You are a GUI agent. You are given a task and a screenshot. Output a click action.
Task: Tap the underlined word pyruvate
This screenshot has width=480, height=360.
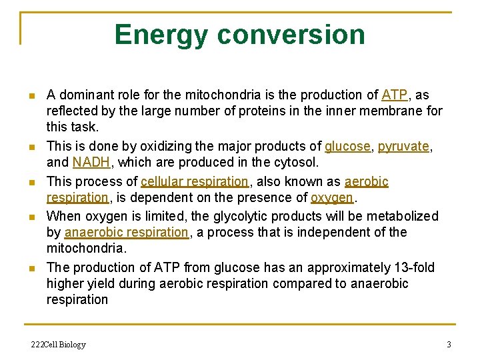coord(403,147)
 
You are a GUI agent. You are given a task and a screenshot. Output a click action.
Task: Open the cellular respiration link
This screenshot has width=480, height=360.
coord(194,181)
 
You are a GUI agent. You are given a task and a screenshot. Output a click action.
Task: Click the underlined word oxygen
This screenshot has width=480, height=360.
coord(331,198)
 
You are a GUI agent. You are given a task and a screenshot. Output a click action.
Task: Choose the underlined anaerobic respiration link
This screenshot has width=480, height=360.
coord(127,233)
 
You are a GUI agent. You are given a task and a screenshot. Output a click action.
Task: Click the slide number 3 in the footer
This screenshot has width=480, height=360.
coord(449,345)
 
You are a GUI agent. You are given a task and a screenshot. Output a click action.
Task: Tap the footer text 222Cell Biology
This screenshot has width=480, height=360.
coord(59,345)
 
